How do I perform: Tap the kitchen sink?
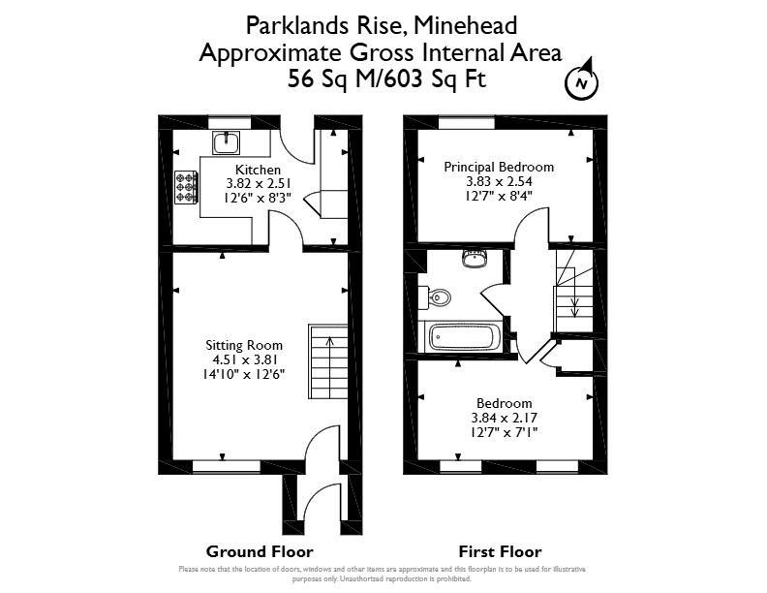226,142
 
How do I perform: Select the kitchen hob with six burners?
186,187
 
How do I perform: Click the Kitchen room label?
258,170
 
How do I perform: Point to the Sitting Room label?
244,345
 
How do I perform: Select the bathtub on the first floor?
461,337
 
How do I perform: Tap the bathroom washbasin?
474,259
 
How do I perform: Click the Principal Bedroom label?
499,168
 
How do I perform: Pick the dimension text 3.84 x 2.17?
504,418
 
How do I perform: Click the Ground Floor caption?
260,552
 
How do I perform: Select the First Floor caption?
500,552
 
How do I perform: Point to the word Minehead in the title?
465,26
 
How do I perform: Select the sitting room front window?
227,467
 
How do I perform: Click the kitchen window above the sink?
230,122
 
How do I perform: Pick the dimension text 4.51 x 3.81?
245,360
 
